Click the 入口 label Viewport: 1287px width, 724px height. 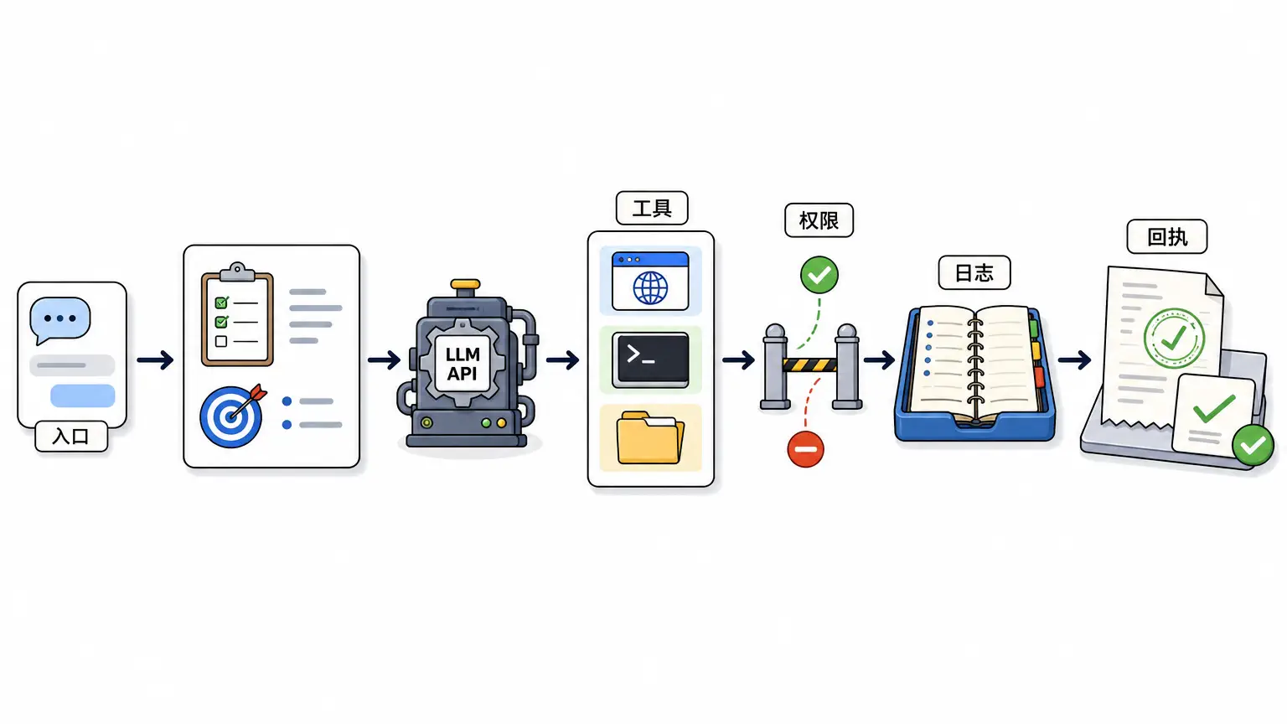tap(71, 436)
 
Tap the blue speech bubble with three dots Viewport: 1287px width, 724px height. tap(59, 319)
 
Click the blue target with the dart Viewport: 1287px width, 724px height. tap(232, 416)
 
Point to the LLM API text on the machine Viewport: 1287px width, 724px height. tap(463, 365)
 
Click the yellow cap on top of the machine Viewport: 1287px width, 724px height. tap(465, 284)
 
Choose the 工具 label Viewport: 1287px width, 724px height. tap(652, 208)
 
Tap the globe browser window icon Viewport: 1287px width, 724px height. tap(650, 281)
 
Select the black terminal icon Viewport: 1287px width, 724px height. tap(650, 359)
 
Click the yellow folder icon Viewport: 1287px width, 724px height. tap(650, 438)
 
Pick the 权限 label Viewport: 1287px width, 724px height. tap(819, 220)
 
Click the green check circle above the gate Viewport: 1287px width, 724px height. tap(819, 275)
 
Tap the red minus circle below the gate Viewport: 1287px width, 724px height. tap(805, 449)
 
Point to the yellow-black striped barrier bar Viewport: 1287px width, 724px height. tap(811, 365)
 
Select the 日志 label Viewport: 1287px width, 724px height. tap(974, 272)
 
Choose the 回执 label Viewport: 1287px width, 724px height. tap(1167, 237)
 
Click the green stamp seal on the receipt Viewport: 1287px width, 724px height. tap(1174, 339)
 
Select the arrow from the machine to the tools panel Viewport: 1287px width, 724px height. tap(562, 360)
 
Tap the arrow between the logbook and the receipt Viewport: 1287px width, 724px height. tap(1074, 360)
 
